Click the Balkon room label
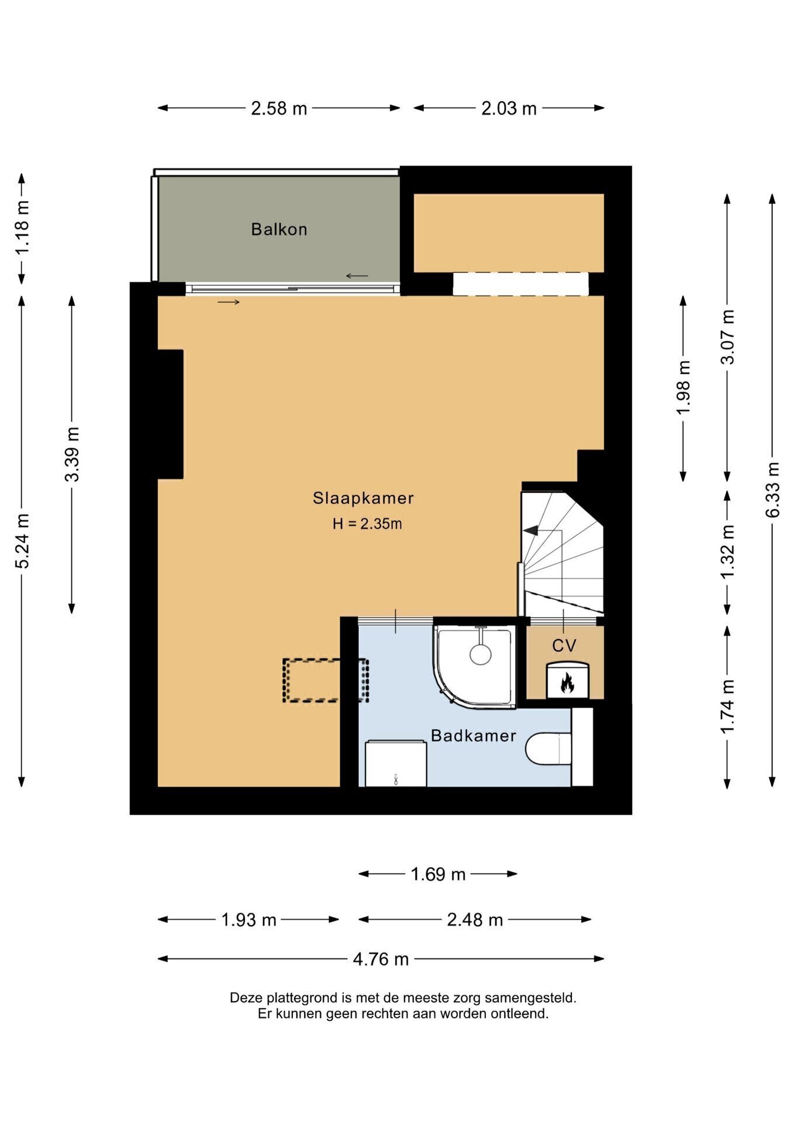(x=279, y=229)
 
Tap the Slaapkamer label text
(x=363, y=498)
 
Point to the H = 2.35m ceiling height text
(x=367, y=524)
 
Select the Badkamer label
(x=474, y=736)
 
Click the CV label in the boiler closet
(x=564, y=646)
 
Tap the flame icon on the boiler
(x=567, y=683)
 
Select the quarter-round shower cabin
(x=475, y=667)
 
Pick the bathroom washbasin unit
(x=396, y=763)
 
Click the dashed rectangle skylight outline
(x=326, y=680)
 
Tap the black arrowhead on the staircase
(x=530, y=531)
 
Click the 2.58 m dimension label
(x=279, y=109)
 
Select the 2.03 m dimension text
(x=509, y=109)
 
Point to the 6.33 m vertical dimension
(x=773, y=490)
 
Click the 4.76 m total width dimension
(x=381, y=960)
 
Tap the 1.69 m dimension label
(x=438, y=874)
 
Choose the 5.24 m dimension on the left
(x=22, y=541)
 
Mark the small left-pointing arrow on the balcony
(x=357, y=276)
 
